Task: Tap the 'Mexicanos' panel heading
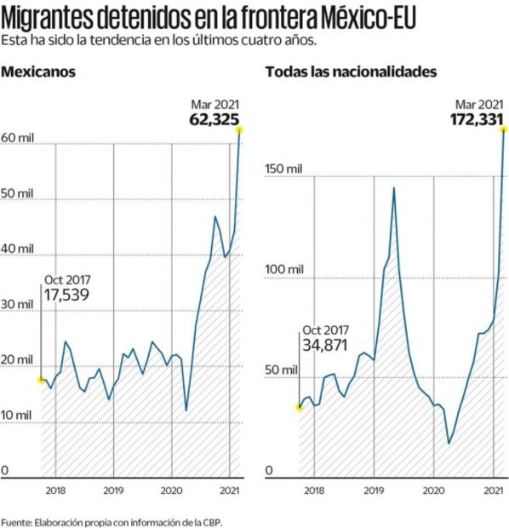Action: point(38,72)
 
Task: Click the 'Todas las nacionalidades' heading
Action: point(351,72)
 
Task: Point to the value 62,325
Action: point(214,119)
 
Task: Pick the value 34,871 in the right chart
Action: point(325,344)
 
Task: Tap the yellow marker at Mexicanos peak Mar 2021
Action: point(240,129)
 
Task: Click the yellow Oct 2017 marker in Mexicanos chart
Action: point(41,380)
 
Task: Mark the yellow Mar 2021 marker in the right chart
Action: point(505,129)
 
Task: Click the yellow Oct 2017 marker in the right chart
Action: point(299,407)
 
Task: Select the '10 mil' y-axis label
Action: point(17,415)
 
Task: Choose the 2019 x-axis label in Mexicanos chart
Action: point(113,491)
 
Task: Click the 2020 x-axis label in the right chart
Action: point(434,491)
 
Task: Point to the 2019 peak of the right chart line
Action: point(394,187)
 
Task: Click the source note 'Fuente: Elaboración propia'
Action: point(115,519)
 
